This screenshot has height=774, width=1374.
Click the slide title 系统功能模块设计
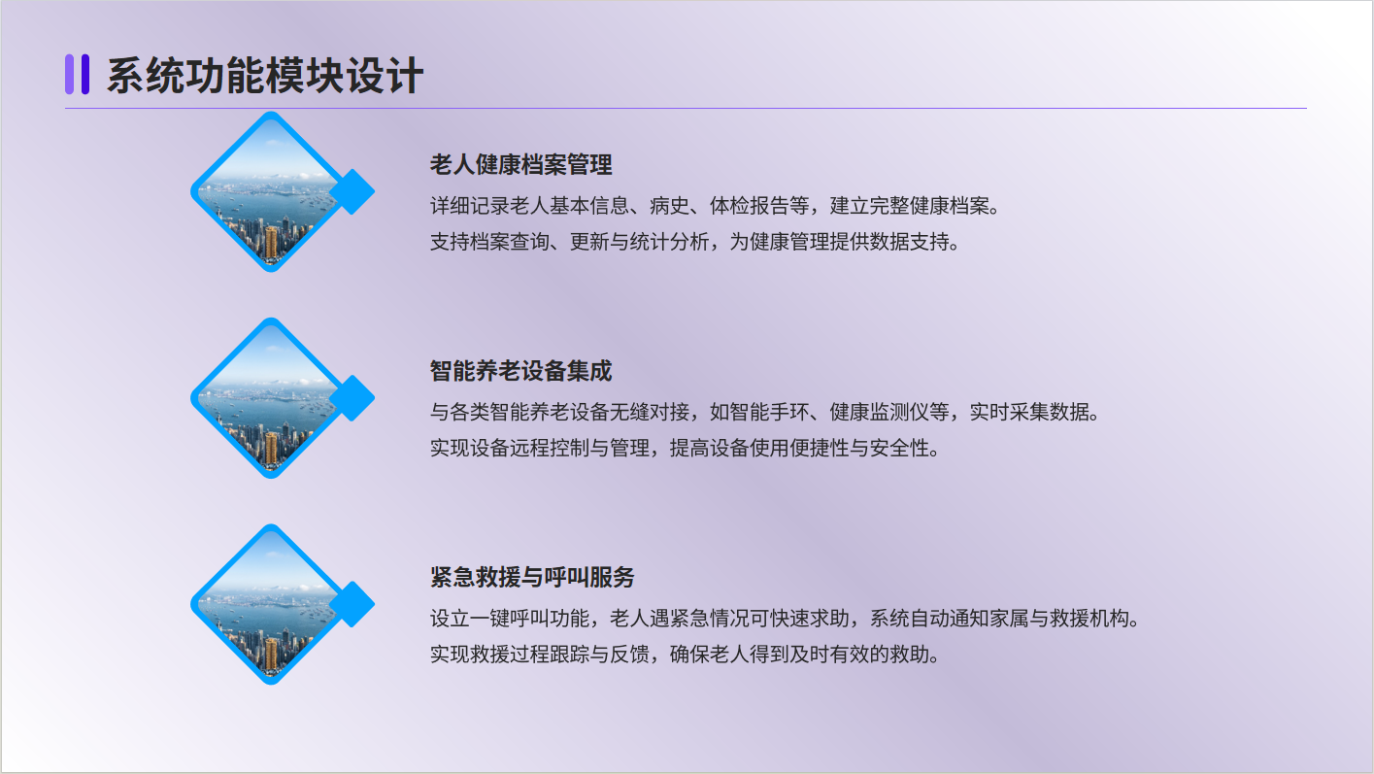tap(265, 76)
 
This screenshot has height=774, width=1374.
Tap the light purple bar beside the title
tap(69, 74)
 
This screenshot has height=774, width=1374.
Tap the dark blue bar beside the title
tap(85, 74)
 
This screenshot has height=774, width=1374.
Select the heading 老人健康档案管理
tap(520, 164)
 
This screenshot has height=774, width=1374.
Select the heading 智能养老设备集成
tap(520, 371)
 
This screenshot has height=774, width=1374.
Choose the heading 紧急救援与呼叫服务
tap(532, 577)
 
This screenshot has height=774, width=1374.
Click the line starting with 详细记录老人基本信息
tap(715, 206)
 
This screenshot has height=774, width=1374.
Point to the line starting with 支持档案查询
tap(694, 242)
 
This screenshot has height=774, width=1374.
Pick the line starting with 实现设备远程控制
tap(685, 448)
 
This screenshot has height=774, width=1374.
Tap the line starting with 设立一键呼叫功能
tap(785, 618)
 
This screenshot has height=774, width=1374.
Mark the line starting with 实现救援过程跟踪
tap(685, 654)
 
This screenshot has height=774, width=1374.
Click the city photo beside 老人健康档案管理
tap(271, 191)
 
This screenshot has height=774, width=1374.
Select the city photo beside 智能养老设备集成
tap(271, 398)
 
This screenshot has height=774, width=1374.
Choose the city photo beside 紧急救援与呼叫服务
tap(271, 604)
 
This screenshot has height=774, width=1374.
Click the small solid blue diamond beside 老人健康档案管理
tap(352, 192)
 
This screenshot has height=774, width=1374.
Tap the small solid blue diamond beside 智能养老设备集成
tap(352, 398)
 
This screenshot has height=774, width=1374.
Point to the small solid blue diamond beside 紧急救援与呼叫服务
tap(352, 604)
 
